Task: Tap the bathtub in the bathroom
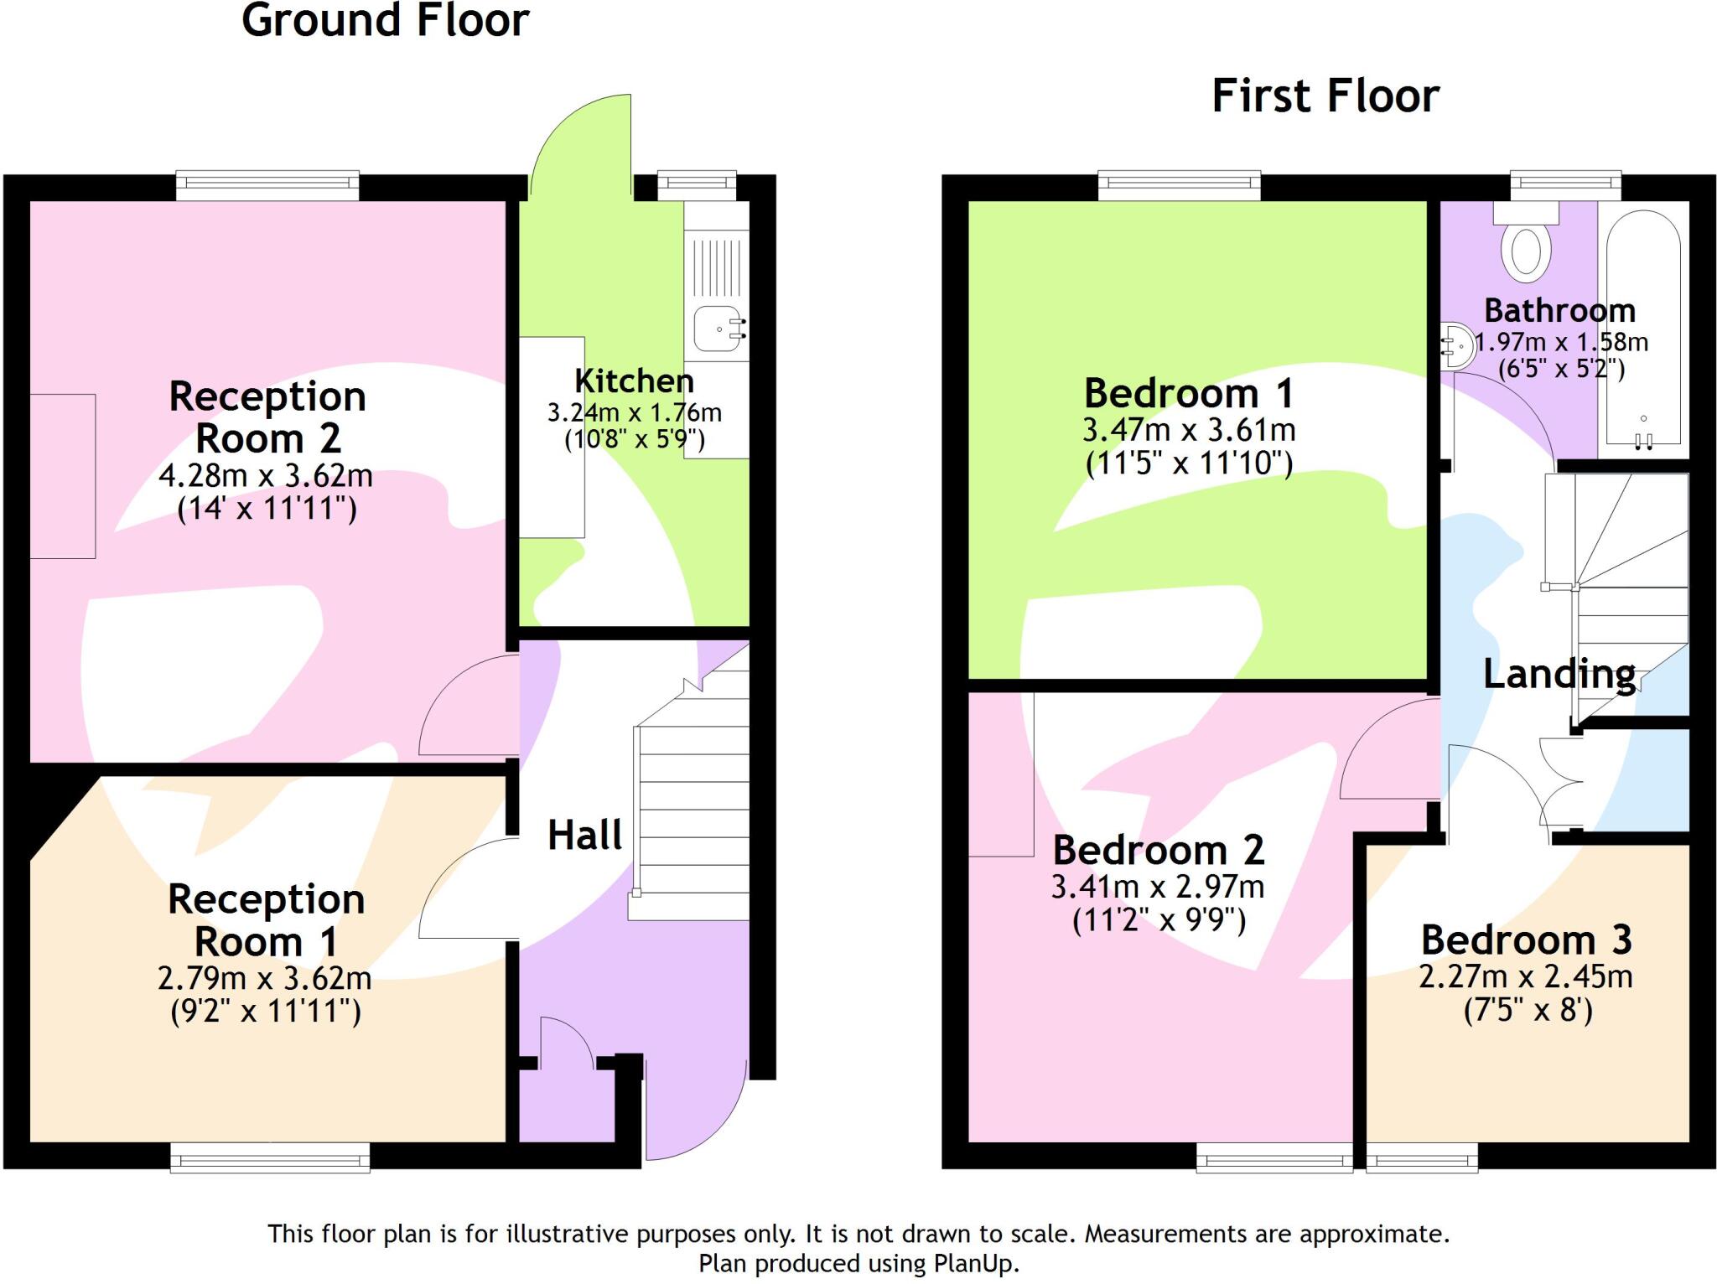click(x=1642, y=327)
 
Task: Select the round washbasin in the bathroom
click(x=1460, y=344)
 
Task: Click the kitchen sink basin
click(x=718, y=329)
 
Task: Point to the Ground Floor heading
click(x=385, y=20)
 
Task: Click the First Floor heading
click(x=1325, y=96)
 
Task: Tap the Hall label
click(x=584, y=836)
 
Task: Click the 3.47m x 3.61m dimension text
click(x=1189, y=431)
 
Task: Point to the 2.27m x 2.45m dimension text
click(x=1525, y=977)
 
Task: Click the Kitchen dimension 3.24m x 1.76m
click(x=634, y=413)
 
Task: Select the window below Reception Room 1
click(x=270, y=1159)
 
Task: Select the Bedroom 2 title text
click(x=1158, y=851)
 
